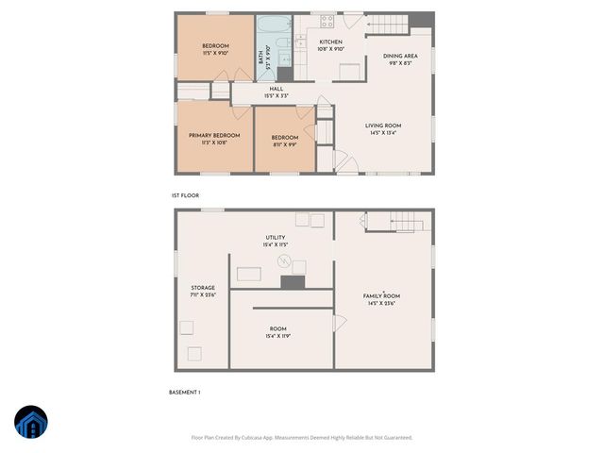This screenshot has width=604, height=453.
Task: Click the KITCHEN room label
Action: tap(330, 42)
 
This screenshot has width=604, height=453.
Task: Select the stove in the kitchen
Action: tap(328, 20)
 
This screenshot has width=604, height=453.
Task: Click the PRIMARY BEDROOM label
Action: tap(214, 136)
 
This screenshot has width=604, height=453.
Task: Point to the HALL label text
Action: tap(277, 90)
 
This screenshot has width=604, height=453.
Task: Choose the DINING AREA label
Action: tap(400, 57)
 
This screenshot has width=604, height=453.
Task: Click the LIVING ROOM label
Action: tap(384, 126)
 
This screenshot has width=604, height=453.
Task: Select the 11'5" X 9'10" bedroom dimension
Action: tap(215, 53)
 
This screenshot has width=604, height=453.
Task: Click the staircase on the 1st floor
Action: tap(386, 22)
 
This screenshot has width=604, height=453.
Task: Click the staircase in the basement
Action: tap(394, 223)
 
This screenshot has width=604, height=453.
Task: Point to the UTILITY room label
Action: tap(275, 238)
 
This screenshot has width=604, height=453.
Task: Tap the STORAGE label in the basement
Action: tap(203, 288)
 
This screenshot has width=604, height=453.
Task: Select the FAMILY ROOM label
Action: tap(382, 296)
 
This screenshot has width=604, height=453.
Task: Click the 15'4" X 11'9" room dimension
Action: tap(277, 336)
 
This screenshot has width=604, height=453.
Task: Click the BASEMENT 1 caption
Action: tap(185, 392)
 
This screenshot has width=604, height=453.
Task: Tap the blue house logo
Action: tap(32, 424)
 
